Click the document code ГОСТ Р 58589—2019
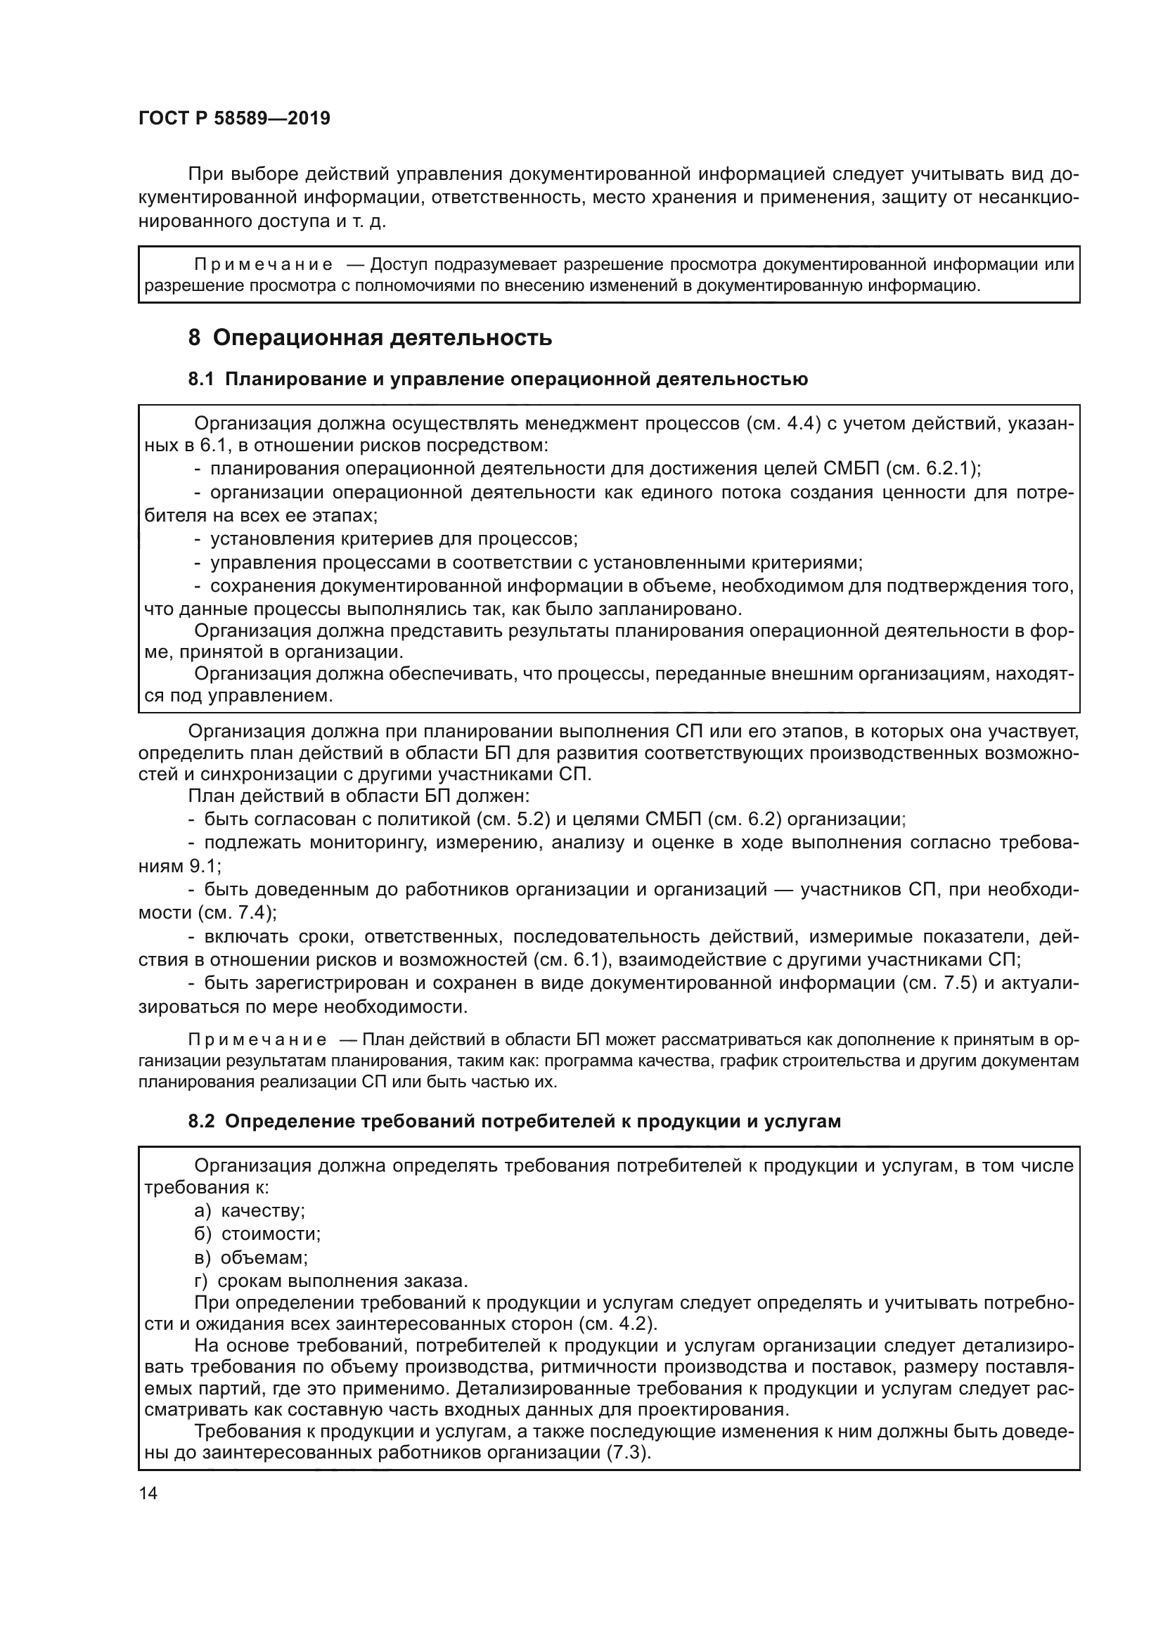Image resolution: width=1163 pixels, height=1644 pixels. [234, 119]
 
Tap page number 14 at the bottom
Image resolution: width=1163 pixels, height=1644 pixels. [148, 1493]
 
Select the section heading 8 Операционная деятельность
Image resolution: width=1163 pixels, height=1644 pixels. [370, 337]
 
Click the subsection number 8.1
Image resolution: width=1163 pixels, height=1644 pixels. [201, 380]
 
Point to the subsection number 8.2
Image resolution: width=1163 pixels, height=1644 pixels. [201, 1121]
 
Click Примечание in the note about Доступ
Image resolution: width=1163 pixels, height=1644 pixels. [264, 265]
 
